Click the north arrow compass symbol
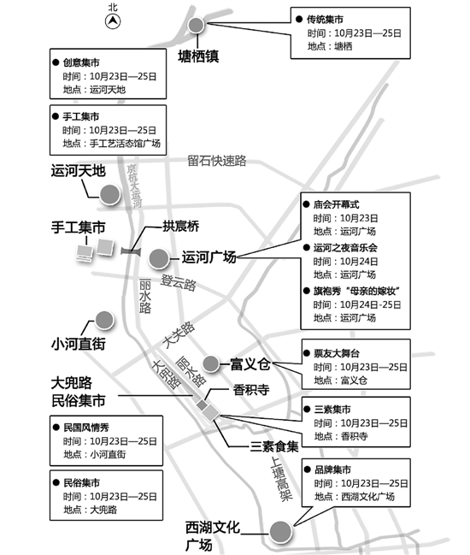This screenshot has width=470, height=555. pyautogui.click(x=113, y=21)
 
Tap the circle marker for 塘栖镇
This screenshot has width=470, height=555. pyautogui.click(x=196, y=25)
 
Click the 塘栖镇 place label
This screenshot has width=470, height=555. pyautogui.click(x=198, y=56)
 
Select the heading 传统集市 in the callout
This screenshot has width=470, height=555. pyautogui.click(x=325, y=19)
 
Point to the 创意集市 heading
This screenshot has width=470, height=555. pyautogui.click(x=81, y=62)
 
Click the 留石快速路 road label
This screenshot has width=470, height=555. pyautogui.click(x=217, y=161)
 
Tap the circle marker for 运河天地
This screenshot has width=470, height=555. pyautogui.click(x=110, y=194)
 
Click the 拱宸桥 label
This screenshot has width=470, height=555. pyautogui.click(x=180, y=226)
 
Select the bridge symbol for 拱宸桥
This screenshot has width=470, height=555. pyautogui.click(x=131, y=251)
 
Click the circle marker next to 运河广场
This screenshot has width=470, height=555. pyautogui.click(x=159, y=259)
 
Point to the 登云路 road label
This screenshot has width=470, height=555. pyautogui.click(x=179, y=282)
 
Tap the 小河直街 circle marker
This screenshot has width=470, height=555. pyautogui.click(x=104, y=321)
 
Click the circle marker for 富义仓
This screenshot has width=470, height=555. pyautogui.click(x=211, y=363)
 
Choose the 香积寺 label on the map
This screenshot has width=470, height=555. pyautogui.click(x=251, y=390)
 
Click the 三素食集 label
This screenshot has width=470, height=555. pyautogui.click(x=274, y=446)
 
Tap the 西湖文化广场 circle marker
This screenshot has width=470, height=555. pyautogui.click(x=280, y=532)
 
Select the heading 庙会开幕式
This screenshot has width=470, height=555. pyautogui.click(x=337, y=204)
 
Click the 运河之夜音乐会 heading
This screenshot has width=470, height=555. pyautogui.click(x=345, y=248)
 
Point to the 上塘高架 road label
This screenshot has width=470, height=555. pyautogui.click(x=282, y=479)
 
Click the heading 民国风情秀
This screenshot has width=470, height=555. pyautogui.click(x=86, y=428)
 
